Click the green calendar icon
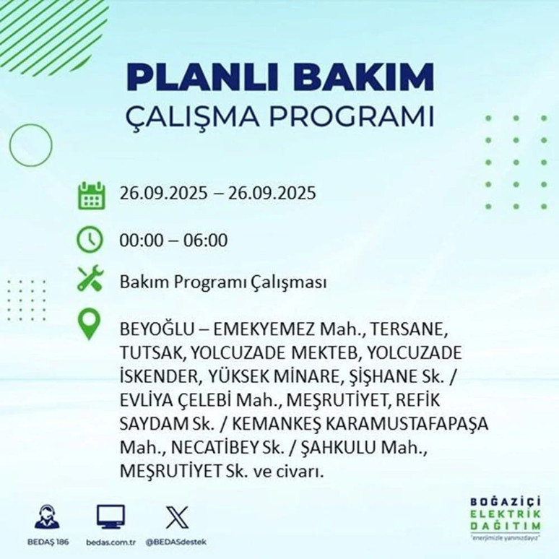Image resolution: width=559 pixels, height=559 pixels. [91, 196]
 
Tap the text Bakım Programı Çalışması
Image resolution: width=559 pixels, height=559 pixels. [223, 282]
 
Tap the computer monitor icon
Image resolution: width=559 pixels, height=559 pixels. [110, 516]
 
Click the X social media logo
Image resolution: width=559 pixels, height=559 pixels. [175, 516]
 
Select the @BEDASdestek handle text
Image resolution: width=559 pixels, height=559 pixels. [175, 541]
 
